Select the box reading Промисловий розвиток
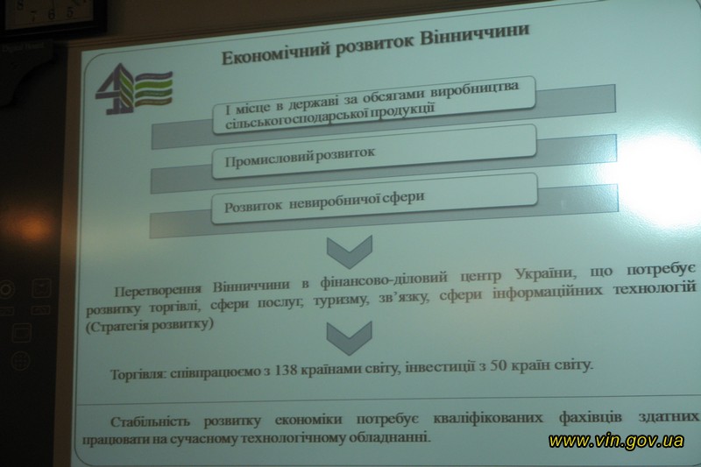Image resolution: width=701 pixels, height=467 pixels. click(x=374, y=151)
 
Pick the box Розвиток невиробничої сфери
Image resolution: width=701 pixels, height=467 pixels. click(x=374, y=198)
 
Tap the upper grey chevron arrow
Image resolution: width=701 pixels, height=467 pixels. click(x=349, y=251)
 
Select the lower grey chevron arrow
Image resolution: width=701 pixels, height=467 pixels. click(x=349, y=337)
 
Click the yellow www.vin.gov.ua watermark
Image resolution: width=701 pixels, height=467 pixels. click(x=616, y=441)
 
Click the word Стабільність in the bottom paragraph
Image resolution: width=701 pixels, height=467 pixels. click(x=150, y=421)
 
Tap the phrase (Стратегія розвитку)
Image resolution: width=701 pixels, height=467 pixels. click(x=150, y=325)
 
